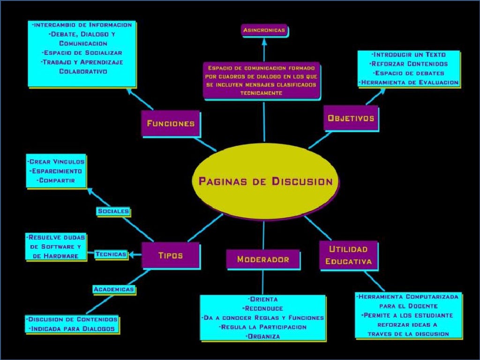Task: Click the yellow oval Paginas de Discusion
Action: [x=265, y=181]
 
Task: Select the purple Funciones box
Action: [x=170, y=124]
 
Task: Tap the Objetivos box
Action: [x=351, y=118]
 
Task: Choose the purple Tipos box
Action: [x=170, y=255]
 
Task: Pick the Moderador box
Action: [x=262, y=259]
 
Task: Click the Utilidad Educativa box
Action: [x=348, y=255]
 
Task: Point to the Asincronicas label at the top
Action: [x=264, y=30]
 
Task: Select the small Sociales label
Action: [x=113, y=211]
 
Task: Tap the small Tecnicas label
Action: [x=111, y=254]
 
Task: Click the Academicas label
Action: [x=114, y=289]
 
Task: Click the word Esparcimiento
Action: [x=56, y=171]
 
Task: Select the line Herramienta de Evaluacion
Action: [x=409, y=82]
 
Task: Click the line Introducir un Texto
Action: [x=408, y=54]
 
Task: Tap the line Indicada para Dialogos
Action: [x=72, y=329]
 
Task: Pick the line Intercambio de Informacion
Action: [x=82, y=25]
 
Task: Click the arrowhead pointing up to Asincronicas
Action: [x=264, y=41]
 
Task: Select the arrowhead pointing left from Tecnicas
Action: [x=131, y=255]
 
